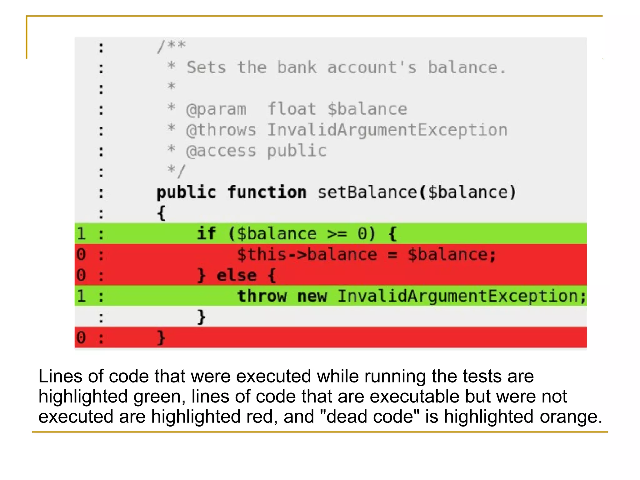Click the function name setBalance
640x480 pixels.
click(x=367, y=192)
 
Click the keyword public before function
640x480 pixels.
click(x=186, y=192)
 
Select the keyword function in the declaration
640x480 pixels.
click(x=267, y=192)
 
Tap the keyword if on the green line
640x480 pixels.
click(x=206, y=234)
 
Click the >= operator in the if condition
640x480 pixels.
click(x=337, y=234)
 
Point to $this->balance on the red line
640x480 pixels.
click(x=307, y=254)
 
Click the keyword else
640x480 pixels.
click(x=237, y=275)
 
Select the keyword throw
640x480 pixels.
click(x=262, y=296)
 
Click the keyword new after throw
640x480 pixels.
click(x=312, y=296)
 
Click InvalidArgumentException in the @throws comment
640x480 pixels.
click(x=387, y=130)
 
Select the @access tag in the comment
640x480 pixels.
click(x=221, y=151)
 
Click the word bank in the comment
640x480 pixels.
click(x=297, y=68)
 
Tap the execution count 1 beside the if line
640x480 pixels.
click(x=81, y=234)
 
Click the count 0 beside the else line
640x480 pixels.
click(x=81, y=275)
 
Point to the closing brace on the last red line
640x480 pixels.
click(x=161, y=338)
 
